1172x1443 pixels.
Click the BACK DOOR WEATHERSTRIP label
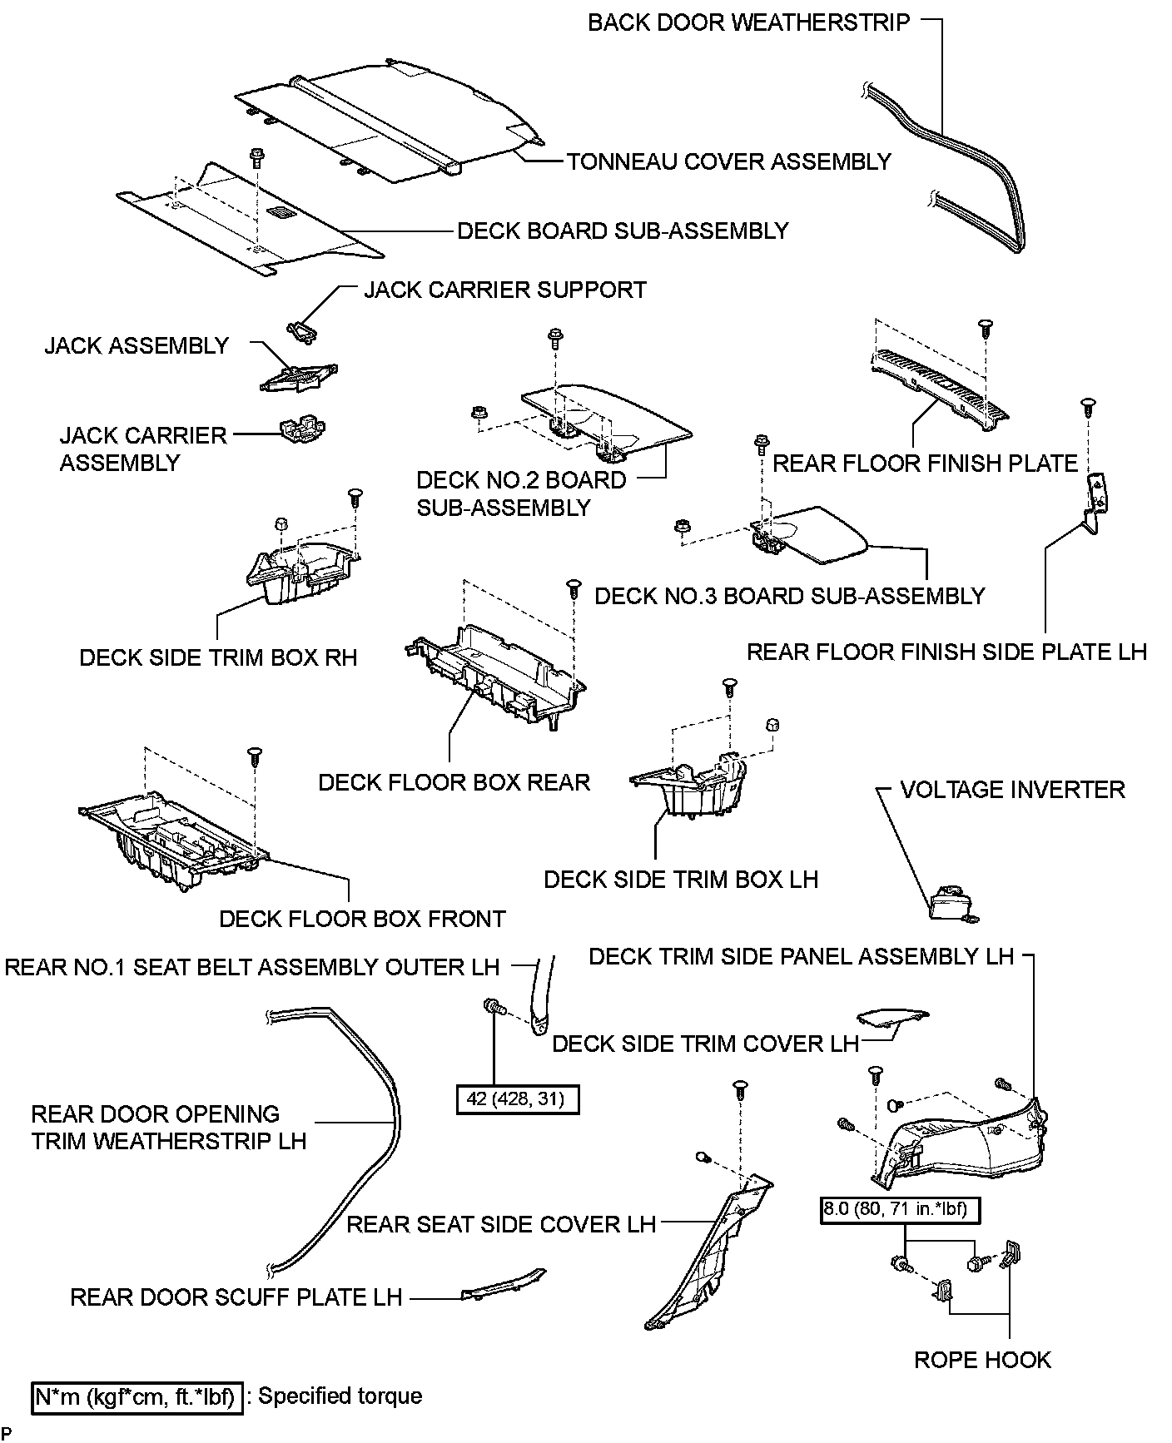(748, 22)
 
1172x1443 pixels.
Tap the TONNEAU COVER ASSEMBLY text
(728, 161)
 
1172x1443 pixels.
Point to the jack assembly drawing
(297, 377)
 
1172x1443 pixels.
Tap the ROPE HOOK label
(982, 1360)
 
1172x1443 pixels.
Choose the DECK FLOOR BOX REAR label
(454, 782)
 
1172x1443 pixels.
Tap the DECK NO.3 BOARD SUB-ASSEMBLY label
(789, 596)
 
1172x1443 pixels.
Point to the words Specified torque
(340, 1396)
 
